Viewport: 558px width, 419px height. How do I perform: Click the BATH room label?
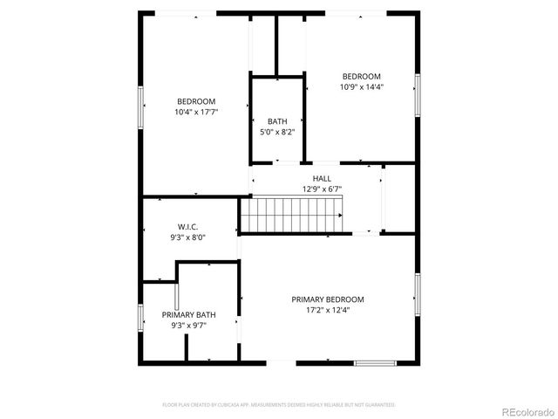[x=277, y=121]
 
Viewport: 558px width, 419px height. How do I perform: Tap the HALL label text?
[x=322, y=178]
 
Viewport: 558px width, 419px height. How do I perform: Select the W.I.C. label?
[x=188, y=227]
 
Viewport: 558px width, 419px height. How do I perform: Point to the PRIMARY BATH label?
[x=189, y=315]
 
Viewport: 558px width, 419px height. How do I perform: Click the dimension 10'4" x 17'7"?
[x=196, y=112]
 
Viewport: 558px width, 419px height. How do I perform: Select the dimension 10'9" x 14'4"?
[x=362, y=87]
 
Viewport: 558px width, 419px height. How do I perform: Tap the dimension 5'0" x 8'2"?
[x=277, y=132]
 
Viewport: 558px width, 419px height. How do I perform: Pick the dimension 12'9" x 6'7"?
[x=322, y=189]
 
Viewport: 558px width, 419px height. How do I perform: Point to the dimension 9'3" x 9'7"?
[x=189, y=326]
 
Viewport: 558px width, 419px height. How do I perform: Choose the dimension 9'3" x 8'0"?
[x=188, y=237]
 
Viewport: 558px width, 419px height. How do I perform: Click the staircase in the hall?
[x=292, y=214]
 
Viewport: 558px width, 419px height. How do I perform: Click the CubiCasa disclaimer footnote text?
[x=279, y=405]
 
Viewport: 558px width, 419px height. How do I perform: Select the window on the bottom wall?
[x=375, y=362]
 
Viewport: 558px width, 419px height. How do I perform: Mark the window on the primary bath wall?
[x=141, y=317]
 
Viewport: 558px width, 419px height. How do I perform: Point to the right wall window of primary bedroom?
[x=418, y=295]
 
